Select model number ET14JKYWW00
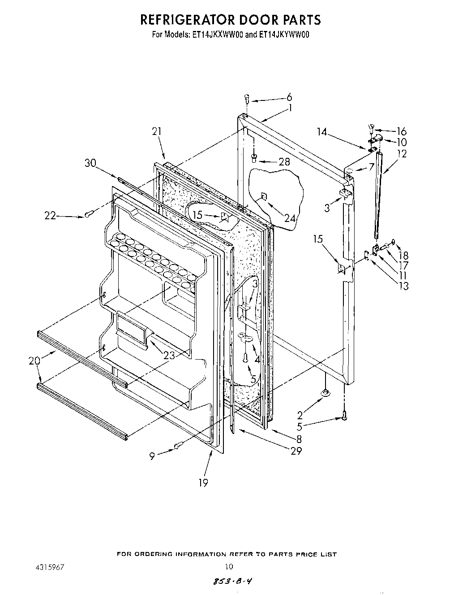click(284, 35)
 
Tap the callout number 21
click(156, 132)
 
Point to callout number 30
click(90, 163)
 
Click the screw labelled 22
click(89, 215)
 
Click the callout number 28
click(284, 162)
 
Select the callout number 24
click(290, 218)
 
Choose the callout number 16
click(401, 131)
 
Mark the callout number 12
click(402, 154)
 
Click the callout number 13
click(403, 286)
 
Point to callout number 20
click(34, 360)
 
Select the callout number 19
click(203, 482)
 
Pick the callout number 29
click(296, 451)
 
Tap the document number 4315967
click(50, 567)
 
